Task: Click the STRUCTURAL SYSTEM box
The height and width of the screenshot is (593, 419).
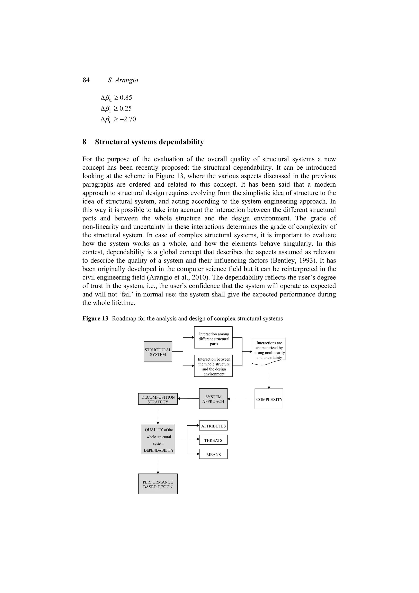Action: pos(158,352)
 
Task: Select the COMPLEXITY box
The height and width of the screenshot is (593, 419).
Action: pos(269,399)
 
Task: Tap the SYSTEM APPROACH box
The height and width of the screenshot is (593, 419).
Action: pos(213,399)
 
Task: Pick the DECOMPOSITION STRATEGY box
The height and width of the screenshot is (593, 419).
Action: pos(158,399)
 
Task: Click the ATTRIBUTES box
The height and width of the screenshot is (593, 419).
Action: pos(213,426)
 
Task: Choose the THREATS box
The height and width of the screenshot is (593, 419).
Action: pos(213,440)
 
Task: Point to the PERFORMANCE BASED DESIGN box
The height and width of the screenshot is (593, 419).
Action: pos(158,484)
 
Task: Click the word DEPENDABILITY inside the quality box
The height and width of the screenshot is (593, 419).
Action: pos(159,450)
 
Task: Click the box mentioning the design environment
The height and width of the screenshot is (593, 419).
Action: pos(213,366)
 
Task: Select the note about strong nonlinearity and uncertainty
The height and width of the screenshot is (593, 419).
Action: pos(269,350)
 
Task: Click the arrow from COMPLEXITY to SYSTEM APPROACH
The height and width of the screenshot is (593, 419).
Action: pos(241,399)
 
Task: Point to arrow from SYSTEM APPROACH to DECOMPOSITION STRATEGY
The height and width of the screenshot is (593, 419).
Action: pos(188,399)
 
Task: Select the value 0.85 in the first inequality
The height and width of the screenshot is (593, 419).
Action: pos(126,98)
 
